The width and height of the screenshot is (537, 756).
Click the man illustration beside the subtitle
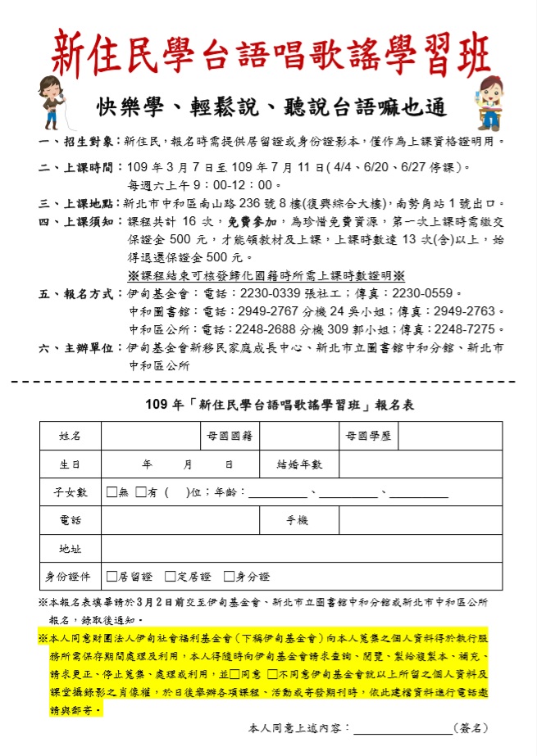click(x=489, y=102)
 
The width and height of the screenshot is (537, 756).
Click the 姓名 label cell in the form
click(x=71, y=436)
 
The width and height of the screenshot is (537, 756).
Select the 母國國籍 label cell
click(x=229, y=436)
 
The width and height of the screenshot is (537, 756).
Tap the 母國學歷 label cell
click(x=368, y=436)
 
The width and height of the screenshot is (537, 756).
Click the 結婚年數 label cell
click(x=299, y=464)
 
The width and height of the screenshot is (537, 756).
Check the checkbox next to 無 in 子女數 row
click(x=111, y=492)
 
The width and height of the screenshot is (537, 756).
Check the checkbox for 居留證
click(x=111, y=577)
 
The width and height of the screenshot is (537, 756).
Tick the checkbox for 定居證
click(x=171, y=577)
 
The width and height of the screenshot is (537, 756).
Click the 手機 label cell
click(x=297, y=520)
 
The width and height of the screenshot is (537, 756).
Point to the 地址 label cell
click(x=71, y=549)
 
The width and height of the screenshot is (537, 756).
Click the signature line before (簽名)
click(x=403, y=728)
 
